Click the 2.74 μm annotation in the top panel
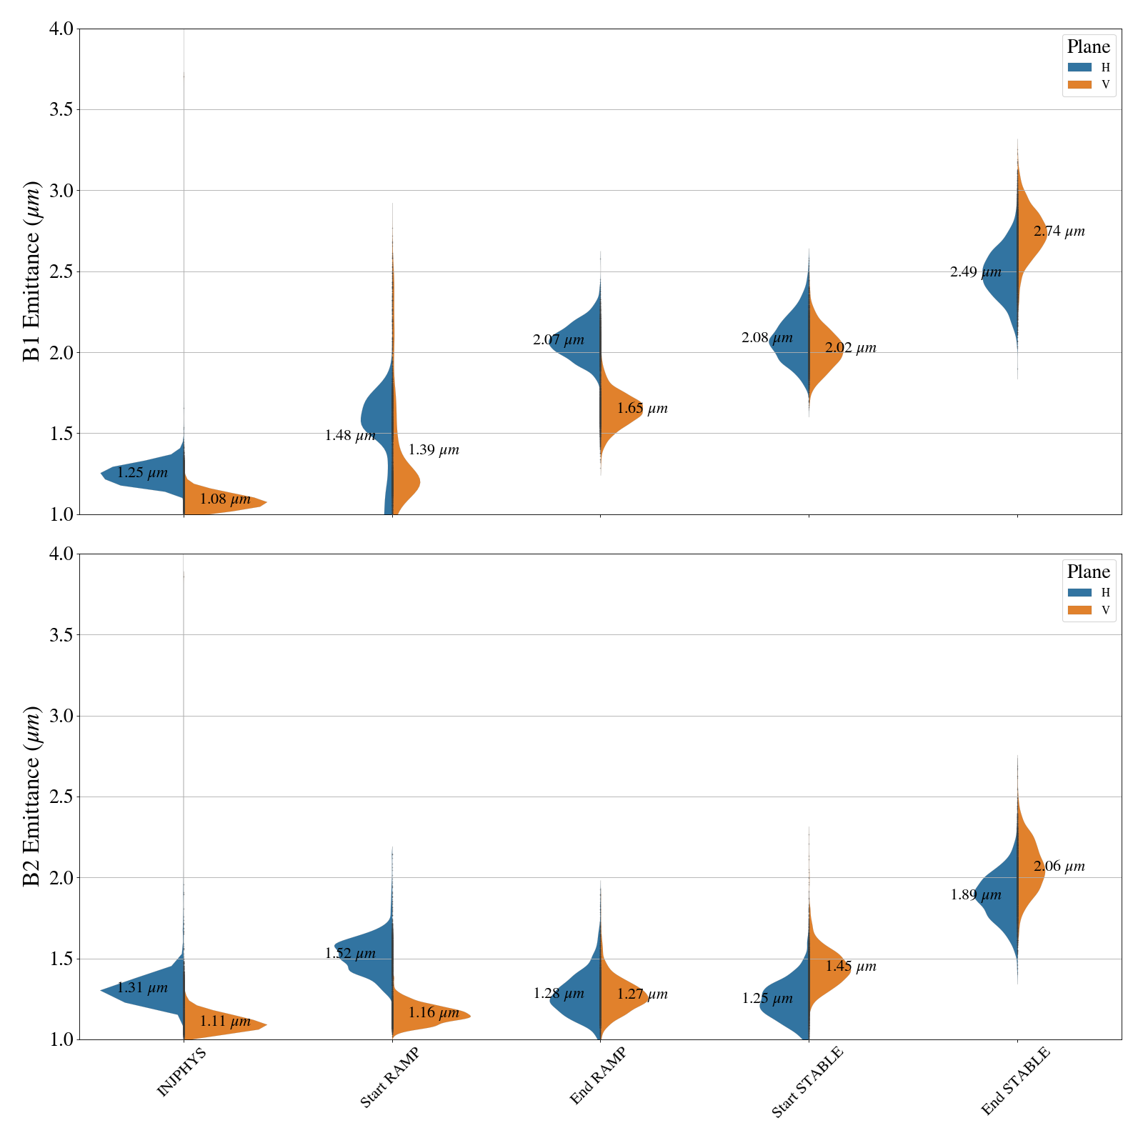tap(1059, 231)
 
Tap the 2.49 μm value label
tap(975, 272)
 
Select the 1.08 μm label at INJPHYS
tap(225, 499)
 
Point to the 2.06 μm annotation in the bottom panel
tap(1059, 867)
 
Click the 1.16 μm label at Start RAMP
tap(434, 1013)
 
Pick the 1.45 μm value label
tap(851, 967)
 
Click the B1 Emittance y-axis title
tap(32, 271)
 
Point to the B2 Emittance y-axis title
tap(32, 797)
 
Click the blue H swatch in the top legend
tap(1079, 67)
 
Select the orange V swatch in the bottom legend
tap(1079, 610)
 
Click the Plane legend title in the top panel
tap(1088, 47)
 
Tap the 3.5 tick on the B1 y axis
tap(62, 110)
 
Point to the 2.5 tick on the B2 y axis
tap(62, 797)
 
